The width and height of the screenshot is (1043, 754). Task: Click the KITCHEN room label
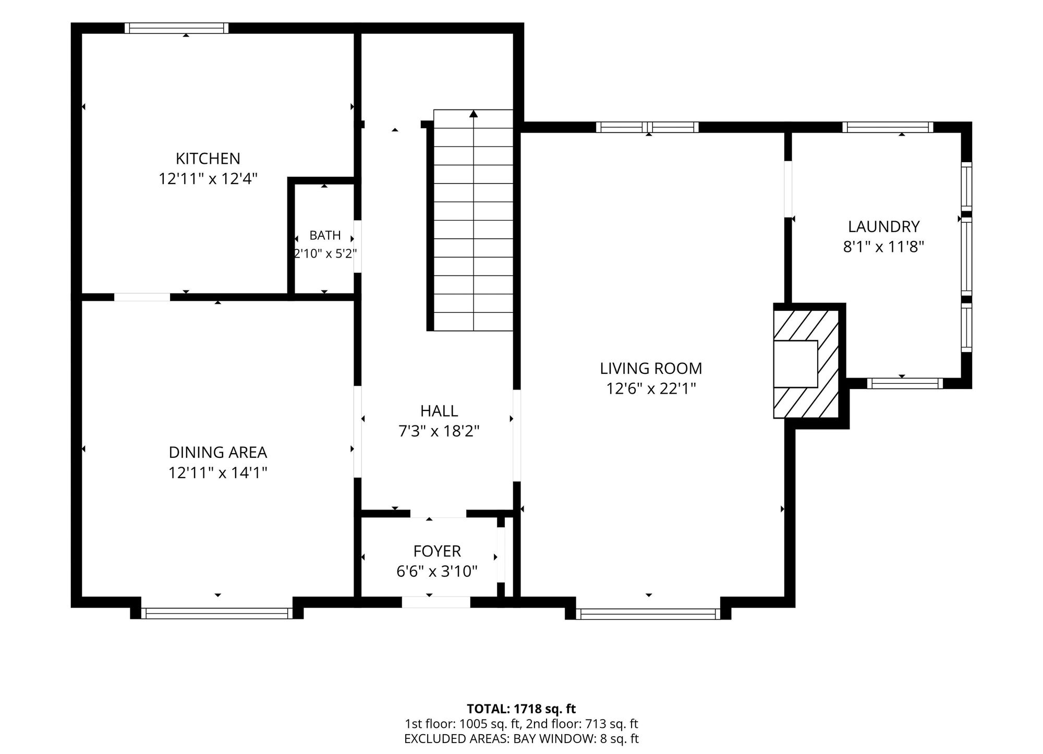point(208,158)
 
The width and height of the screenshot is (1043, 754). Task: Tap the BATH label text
point(325,235)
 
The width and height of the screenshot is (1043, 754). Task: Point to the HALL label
point(439,411)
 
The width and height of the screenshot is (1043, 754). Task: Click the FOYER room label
point(437,551)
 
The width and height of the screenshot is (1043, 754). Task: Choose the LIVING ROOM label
point(651,368)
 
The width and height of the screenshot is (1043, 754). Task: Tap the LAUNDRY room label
point(883,226)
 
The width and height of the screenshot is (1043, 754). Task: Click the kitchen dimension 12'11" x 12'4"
point(208,179)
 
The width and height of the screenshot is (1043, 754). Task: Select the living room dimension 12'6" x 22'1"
point(651,389)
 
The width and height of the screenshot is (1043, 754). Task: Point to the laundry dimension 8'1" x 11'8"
point(883,247)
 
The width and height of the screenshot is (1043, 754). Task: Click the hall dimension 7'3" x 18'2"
point(439,431)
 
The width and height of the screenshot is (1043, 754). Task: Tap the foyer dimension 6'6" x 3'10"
point(437,571)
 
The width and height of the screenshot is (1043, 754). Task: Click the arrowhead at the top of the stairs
point(474,114)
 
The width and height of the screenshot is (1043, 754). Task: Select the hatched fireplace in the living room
point(806,363)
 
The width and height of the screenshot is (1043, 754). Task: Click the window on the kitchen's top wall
point(176,28)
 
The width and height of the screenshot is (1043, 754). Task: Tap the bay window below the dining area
point(217,613)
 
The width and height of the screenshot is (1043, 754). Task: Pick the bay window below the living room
point(648,614)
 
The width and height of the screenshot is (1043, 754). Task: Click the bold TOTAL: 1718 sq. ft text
point(521,709)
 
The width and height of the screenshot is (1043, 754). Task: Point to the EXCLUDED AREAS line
point(521,739)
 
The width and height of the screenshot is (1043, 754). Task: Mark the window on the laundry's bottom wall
point(905,383)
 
